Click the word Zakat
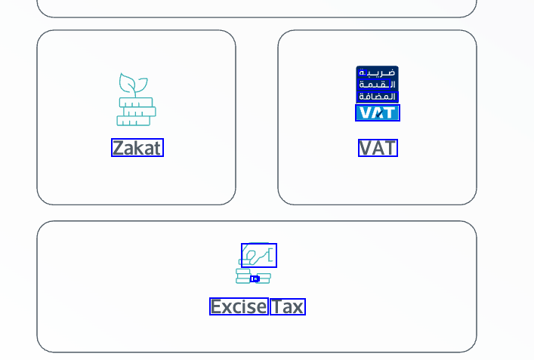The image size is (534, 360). point(137,148)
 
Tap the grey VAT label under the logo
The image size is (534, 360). point(378,148)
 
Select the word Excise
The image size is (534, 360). point(239,306)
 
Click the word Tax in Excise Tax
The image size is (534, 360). point(287,306)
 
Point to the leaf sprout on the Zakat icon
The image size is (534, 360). point(133,84)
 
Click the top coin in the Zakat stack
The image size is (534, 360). point(136,103)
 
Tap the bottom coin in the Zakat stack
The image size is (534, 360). point(134,121)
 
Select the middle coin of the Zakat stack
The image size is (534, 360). point(139,112)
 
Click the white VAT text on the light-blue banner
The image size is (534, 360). point(378,112)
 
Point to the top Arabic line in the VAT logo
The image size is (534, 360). point(378,73)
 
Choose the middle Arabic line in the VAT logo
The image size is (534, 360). point(378,85)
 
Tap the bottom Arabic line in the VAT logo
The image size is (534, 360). point(378,96)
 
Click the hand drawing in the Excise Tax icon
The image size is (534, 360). point(259,256)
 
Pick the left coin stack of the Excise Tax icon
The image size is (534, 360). point(242,275)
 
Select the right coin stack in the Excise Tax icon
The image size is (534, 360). point(264,278)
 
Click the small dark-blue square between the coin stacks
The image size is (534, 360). point(255,278)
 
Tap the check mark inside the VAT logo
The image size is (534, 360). point(378,113)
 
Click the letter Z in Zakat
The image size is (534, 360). point(118,148)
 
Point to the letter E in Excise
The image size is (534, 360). point(216,306)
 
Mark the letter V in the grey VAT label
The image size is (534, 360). point(366,148)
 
